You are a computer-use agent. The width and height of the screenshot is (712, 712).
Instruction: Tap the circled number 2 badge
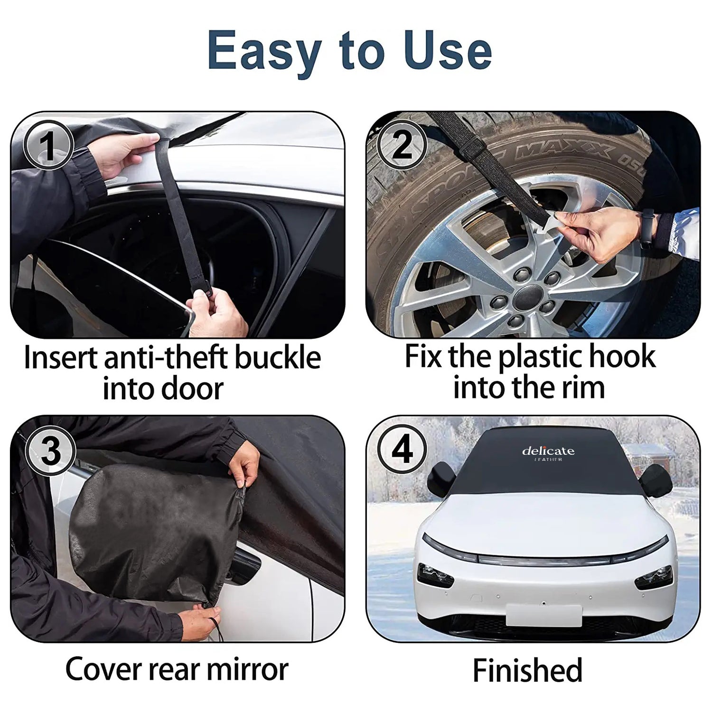coord(402,145)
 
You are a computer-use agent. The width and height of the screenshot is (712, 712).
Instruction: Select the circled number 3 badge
coord(51,450)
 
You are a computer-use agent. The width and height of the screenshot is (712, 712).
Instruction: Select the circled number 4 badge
coord(402,450)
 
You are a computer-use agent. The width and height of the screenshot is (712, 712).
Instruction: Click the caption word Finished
coord(527,670)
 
